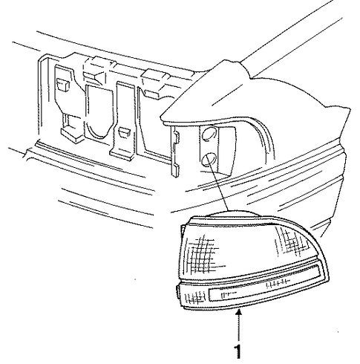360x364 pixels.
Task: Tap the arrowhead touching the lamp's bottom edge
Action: coord(238,313)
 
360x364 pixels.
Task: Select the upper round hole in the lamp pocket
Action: coord(209,134)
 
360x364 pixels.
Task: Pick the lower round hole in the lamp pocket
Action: coord(209,160)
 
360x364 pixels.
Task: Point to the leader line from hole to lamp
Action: coord(218,186)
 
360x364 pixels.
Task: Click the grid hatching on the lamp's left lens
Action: coord(202,254)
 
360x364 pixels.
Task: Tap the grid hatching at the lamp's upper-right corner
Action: coord(292,241)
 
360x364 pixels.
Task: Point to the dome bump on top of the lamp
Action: coord(232,213)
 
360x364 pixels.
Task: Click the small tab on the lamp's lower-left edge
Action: coord(177,291)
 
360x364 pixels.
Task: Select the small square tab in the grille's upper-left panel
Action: coord(63,85)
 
